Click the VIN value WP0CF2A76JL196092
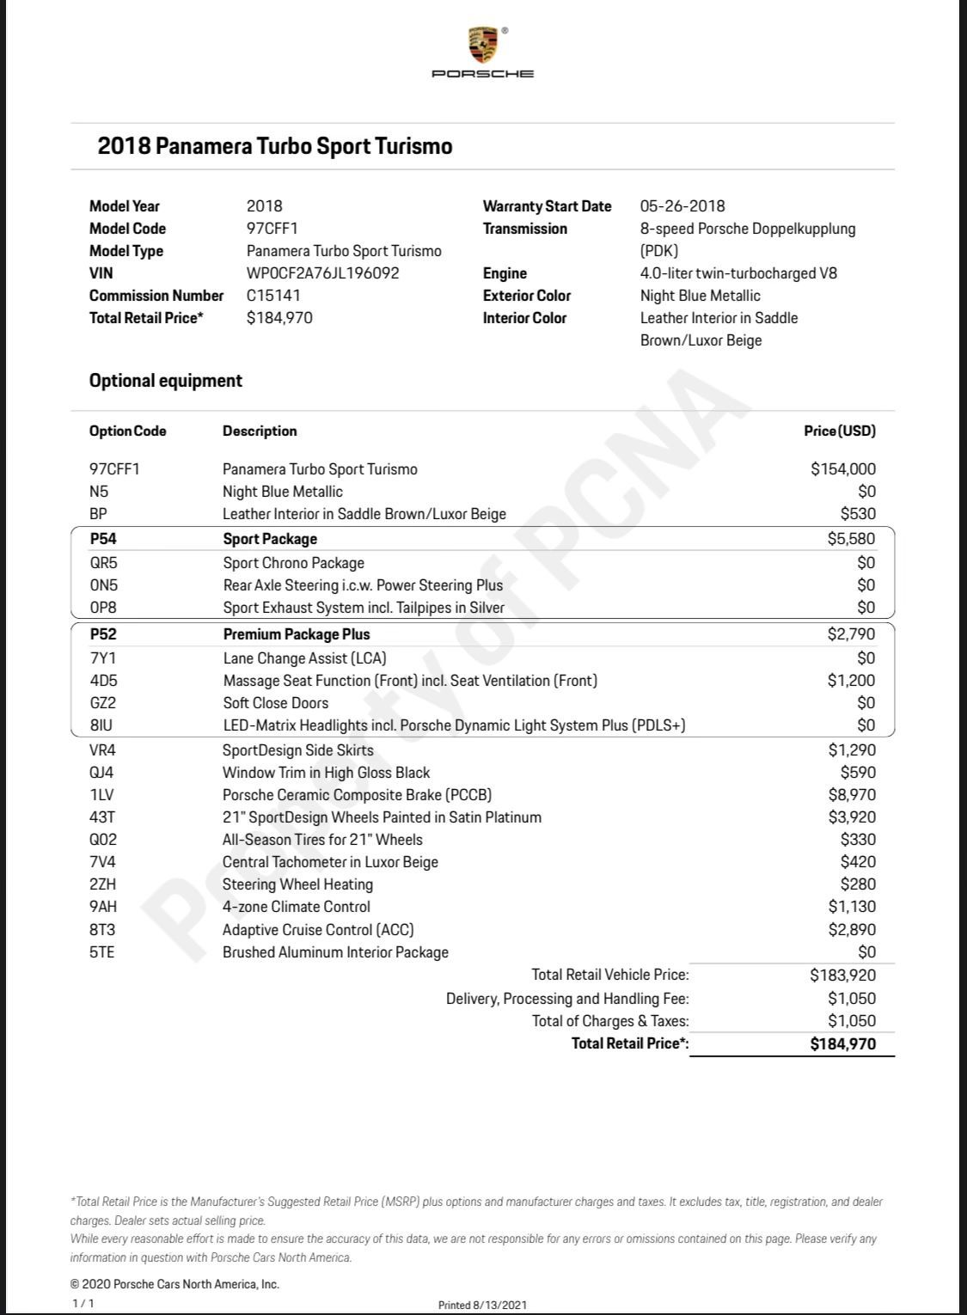click(322, 273)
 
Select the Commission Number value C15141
click(273, 296)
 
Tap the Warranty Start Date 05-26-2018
click(682, 206)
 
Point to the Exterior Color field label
click(526, 296)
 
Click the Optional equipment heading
click(166, 381)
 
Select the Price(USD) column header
click(840, 431)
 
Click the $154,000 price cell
click(843, 469)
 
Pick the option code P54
click(103, 539)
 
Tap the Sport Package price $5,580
click(851, 539)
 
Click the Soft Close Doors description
click(275, 703)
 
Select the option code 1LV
click(102, 795)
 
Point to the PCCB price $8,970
click(852, 795)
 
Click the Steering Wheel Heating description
click(297, 884)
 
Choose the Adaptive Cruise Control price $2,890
click(852, 929)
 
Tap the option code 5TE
click(101, 952)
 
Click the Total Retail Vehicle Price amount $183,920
click(842, 975)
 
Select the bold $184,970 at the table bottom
click(842, 1044)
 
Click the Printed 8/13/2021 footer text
click(482, 1305)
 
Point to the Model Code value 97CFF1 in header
click(272, 229)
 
